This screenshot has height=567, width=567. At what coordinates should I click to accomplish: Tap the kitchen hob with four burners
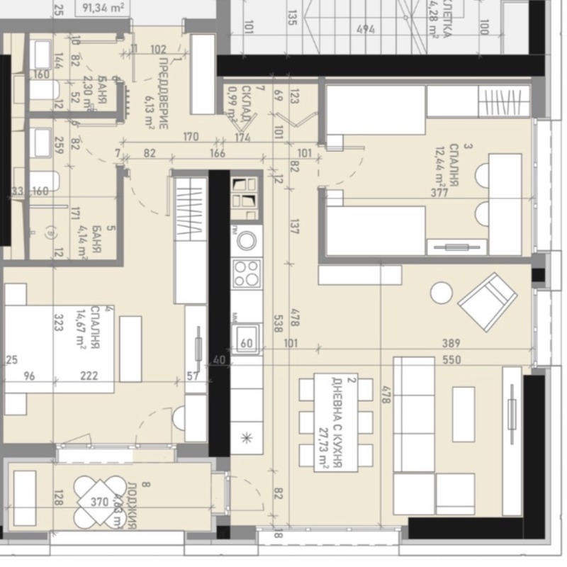(247, 273)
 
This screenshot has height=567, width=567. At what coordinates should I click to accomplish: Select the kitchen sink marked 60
(247, 337)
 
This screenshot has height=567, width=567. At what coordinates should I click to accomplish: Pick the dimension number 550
(451, 360)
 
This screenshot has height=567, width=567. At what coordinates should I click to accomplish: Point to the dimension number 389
(451, 344)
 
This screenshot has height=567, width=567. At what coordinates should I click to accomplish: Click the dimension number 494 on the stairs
(365, 30)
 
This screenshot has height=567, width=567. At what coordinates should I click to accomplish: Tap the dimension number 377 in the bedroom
(439, 193)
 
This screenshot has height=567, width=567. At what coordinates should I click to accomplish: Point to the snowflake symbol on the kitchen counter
(247, 437)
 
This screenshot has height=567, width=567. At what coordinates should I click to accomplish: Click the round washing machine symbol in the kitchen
(247, 241)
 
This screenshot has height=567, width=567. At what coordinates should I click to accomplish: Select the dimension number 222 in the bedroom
(89, 376)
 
